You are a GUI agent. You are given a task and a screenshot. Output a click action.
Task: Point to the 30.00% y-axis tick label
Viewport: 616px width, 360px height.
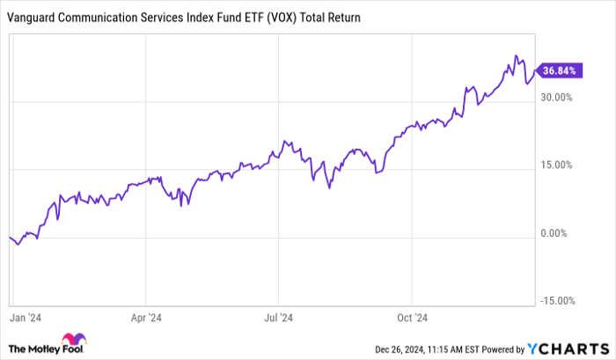[557, 97]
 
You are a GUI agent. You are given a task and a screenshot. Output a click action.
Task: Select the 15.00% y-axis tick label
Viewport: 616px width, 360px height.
[557, 165]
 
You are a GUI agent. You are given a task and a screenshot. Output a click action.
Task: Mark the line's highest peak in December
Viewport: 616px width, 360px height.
[517, 56]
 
